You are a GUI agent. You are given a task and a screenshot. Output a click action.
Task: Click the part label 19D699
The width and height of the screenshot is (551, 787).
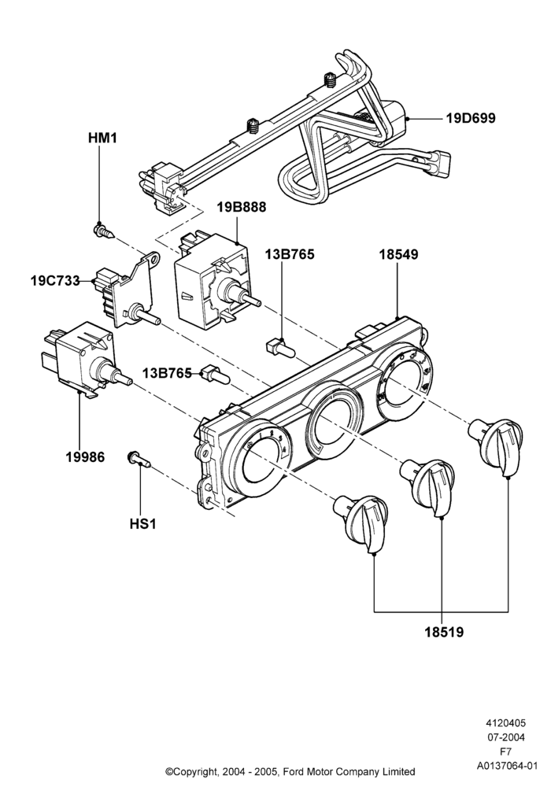470,119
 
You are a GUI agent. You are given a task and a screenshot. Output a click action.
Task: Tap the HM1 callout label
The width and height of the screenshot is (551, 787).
102,138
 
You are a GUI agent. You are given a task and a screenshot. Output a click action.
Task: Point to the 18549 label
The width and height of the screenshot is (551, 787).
398,254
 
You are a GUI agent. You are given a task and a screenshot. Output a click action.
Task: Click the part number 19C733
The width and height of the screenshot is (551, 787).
55,281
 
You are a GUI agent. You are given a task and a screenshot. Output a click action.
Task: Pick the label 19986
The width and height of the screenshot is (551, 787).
85,456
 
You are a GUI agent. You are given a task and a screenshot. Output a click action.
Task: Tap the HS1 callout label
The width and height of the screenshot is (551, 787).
143,524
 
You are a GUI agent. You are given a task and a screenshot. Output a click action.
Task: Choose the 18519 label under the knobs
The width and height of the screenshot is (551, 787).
444,633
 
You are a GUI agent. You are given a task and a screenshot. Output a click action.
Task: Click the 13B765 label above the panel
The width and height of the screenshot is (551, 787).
290,254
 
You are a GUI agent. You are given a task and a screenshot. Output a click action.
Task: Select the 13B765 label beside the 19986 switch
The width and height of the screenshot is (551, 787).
167,373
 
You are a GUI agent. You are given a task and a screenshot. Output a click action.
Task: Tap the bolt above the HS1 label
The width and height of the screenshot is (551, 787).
139,458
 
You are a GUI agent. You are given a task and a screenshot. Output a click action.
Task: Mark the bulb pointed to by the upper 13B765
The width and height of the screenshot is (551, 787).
280,347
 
